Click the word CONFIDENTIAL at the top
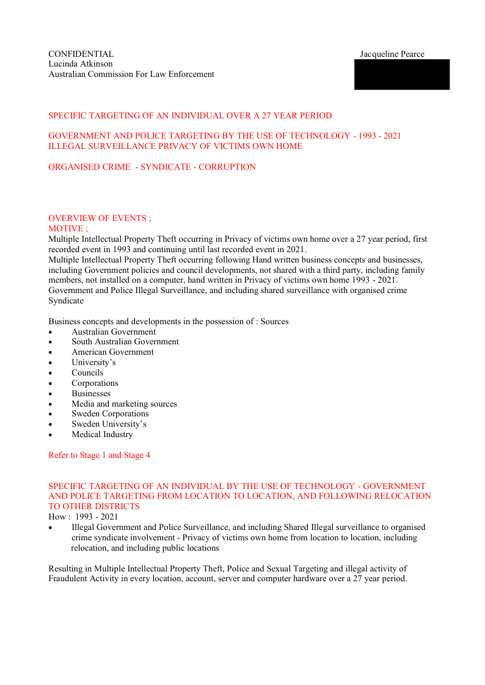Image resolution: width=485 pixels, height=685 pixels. [81, 54]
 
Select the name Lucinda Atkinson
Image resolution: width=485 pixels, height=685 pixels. [80, 64]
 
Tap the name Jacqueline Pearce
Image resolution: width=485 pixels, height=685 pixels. [392, 54]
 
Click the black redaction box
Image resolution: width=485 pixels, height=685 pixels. [401, 74]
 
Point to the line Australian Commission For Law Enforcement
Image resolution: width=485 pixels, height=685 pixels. [131, 74]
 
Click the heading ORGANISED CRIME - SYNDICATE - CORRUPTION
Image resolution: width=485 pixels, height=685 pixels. [151, 167]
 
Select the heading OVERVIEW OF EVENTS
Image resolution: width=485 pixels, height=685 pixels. [99, 218]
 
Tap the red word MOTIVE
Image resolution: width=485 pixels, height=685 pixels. [68, 228]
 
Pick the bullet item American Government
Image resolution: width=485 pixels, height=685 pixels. [112, 352]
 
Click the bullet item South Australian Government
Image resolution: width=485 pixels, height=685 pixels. [125, 342]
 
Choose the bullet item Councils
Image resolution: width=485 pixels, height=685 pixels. [87, 373]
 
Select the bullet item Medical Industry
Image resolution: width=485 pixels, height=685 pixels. [102, 435]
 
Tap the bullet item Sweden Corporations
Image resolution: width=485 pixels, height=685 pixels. [110, 414]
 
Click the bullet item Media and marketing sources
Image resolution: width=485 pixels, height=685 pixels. [124, 404]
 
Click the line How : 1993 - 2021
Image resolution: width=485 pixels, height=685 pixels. [83, 516]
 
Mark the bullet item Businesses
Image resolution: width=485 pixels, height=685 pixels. [91, 394]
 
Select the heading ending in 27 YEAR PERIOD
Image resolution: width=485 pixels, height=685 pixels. [190, 115]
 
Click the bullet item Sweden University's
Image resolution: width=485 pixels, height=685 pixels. [109, 424]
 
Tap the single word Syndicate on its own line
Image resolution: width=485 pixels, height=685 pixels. [66, 301]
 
